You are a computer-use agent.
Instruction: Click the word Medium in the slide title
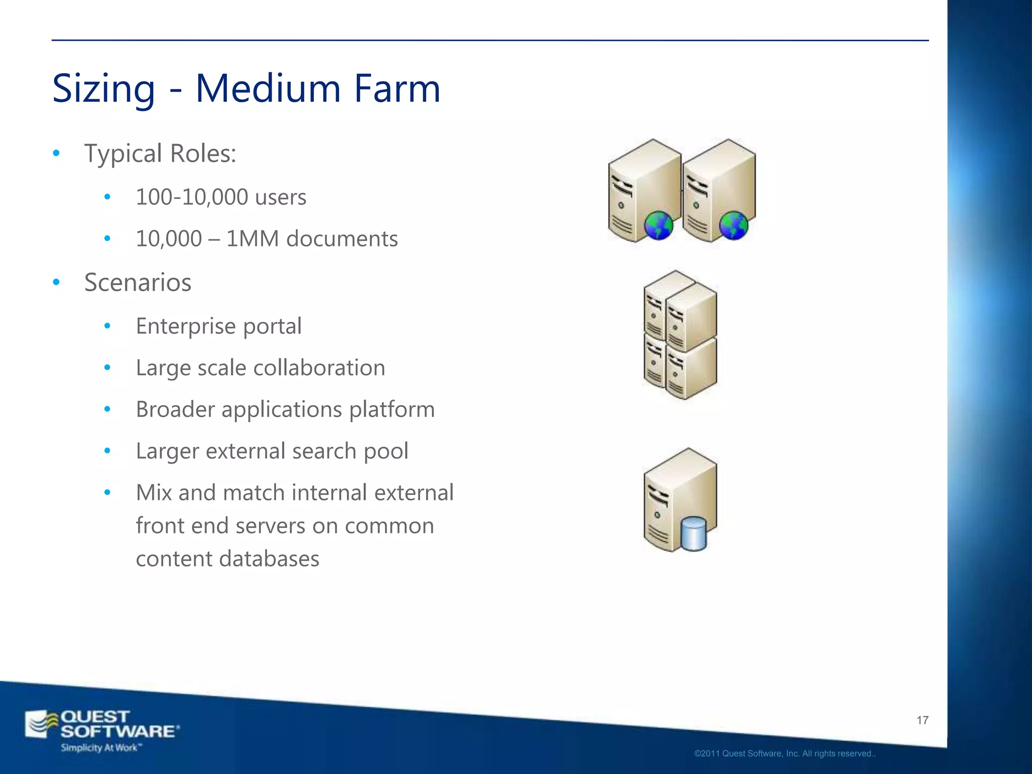268,89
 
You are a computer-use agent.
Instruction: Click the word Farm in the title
397,89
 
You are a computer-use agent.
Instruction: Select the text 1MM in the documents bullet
252,239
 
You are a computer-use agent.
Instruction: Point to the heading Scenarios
138,282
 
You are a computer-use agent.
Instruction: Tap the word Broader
175,409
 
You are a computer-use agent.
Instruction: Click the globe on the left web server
658,225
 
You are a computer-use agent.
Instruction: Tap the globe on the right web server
733,225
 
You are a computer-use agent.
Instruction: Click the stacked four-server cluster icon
680,335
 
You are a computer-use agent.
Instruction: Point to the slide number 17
922,720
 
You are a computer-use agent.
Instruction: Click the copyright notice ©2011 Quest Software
785,754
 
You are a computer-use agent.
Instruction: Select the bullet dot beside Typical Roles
56,153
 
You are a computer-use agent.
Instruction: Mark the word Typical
123,153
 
